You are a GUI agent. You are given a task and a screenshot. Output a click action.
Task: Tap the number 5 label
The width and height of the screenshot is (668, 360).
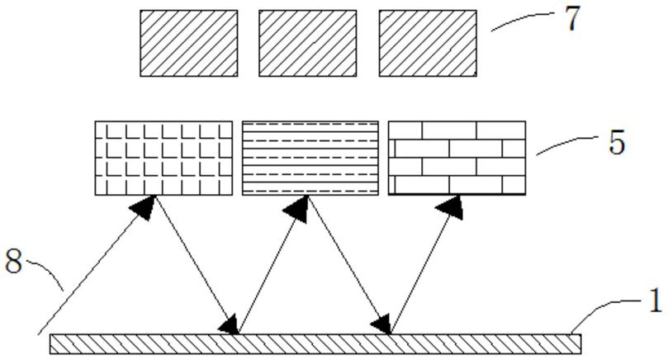click(x=616, y=142)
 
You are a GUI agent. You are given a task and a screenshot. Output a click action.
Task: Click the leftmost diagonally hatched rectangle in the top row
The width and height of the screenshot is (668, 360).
click(x=189, y=44)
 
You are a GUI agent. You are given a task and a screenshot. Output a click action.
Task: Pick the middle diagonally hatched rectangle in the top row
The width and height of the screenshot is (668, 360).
click(x=307, y=44)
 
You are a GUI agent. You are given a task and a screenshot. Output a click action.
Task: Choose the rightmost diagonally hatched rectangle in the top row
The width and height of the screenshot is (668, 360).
click(x=427, y=44)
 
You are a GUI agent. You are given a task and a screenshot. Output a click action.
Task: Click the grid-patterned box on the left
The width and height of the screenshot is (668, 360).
click(x=163, y=158)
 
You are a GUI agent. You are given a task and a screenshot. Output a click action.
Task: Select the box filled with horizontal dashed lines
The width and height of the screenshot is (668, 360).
click(x=310, y=158)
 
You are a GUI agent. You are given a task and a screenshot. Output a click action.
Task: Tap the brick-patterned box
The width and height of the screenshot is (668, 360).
click(x=457, y=158)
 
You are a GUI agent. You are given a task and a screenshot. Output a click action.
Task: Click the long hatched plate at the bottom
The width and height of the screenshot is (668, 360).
click(x=315, y=343)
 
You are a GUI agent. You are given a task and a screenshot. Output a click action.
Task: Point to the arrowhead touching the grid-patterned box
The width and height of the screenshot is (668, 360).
click(x=145, y=205)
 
